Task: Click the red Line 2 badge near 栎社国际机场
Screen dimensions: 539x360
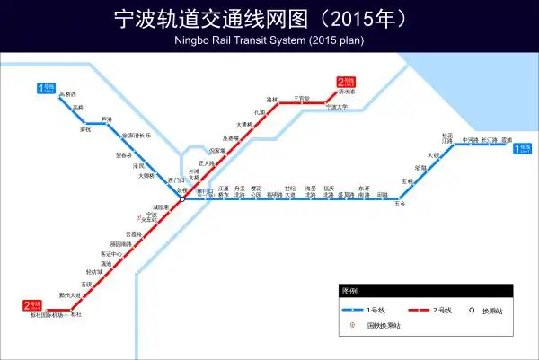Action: tap(33, 305)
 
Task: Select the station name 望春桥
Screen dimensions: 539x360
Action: tap(125, 154)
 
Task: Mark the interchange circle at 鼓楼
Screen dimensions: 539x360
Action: tap(181, 199)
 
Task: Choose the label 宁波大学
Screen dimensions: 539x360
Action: tap(337, 108)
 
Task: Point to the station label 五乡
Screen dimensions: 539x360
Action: tap(401, 206)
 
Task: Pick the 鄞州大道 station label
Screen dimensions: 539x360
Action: tap(69, 294)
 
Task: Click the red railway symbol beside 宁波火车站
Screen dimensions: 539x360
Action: tap(137, 216)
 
